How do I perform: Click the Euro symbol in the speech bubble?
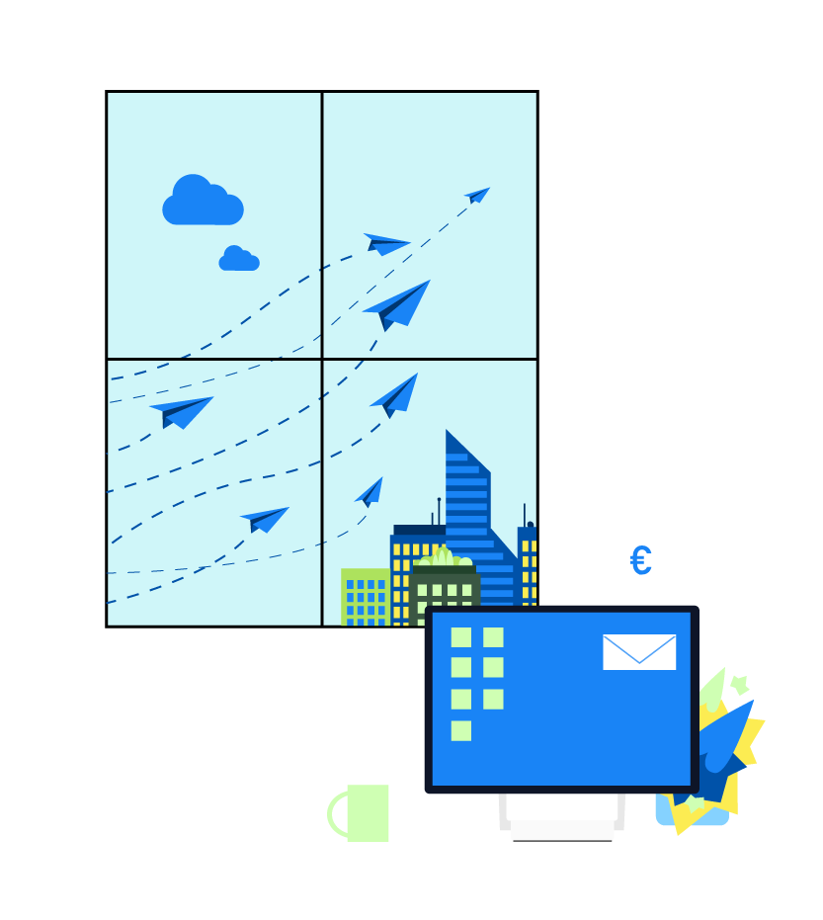[x=640, y=561]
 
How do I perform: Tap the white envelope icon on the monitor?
[x=639, y=652]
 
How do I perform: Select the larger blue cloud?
[x=202, y=203]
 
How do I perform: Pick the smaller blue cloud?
[x=238, y=260]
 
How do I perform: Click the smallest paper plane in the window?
[x=478, y=195]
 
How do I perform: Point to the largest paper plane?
[x=399, y=304]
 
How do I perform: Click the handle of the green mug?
[x=336, y=813]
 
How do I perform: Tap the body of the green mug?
[x=369, y=813]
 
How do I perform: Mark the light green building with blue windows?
[x=364, y=597]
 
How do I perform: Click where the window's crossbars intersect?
[x=322, y=359]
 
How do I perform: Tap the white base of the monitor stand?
[x=562, y=832]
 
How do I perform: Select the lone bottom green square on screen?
[x=461, y=731]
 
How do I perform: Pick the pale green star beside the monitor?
[x=740, y=684]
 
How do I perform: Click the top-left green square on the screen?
[x=461, y=637]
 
